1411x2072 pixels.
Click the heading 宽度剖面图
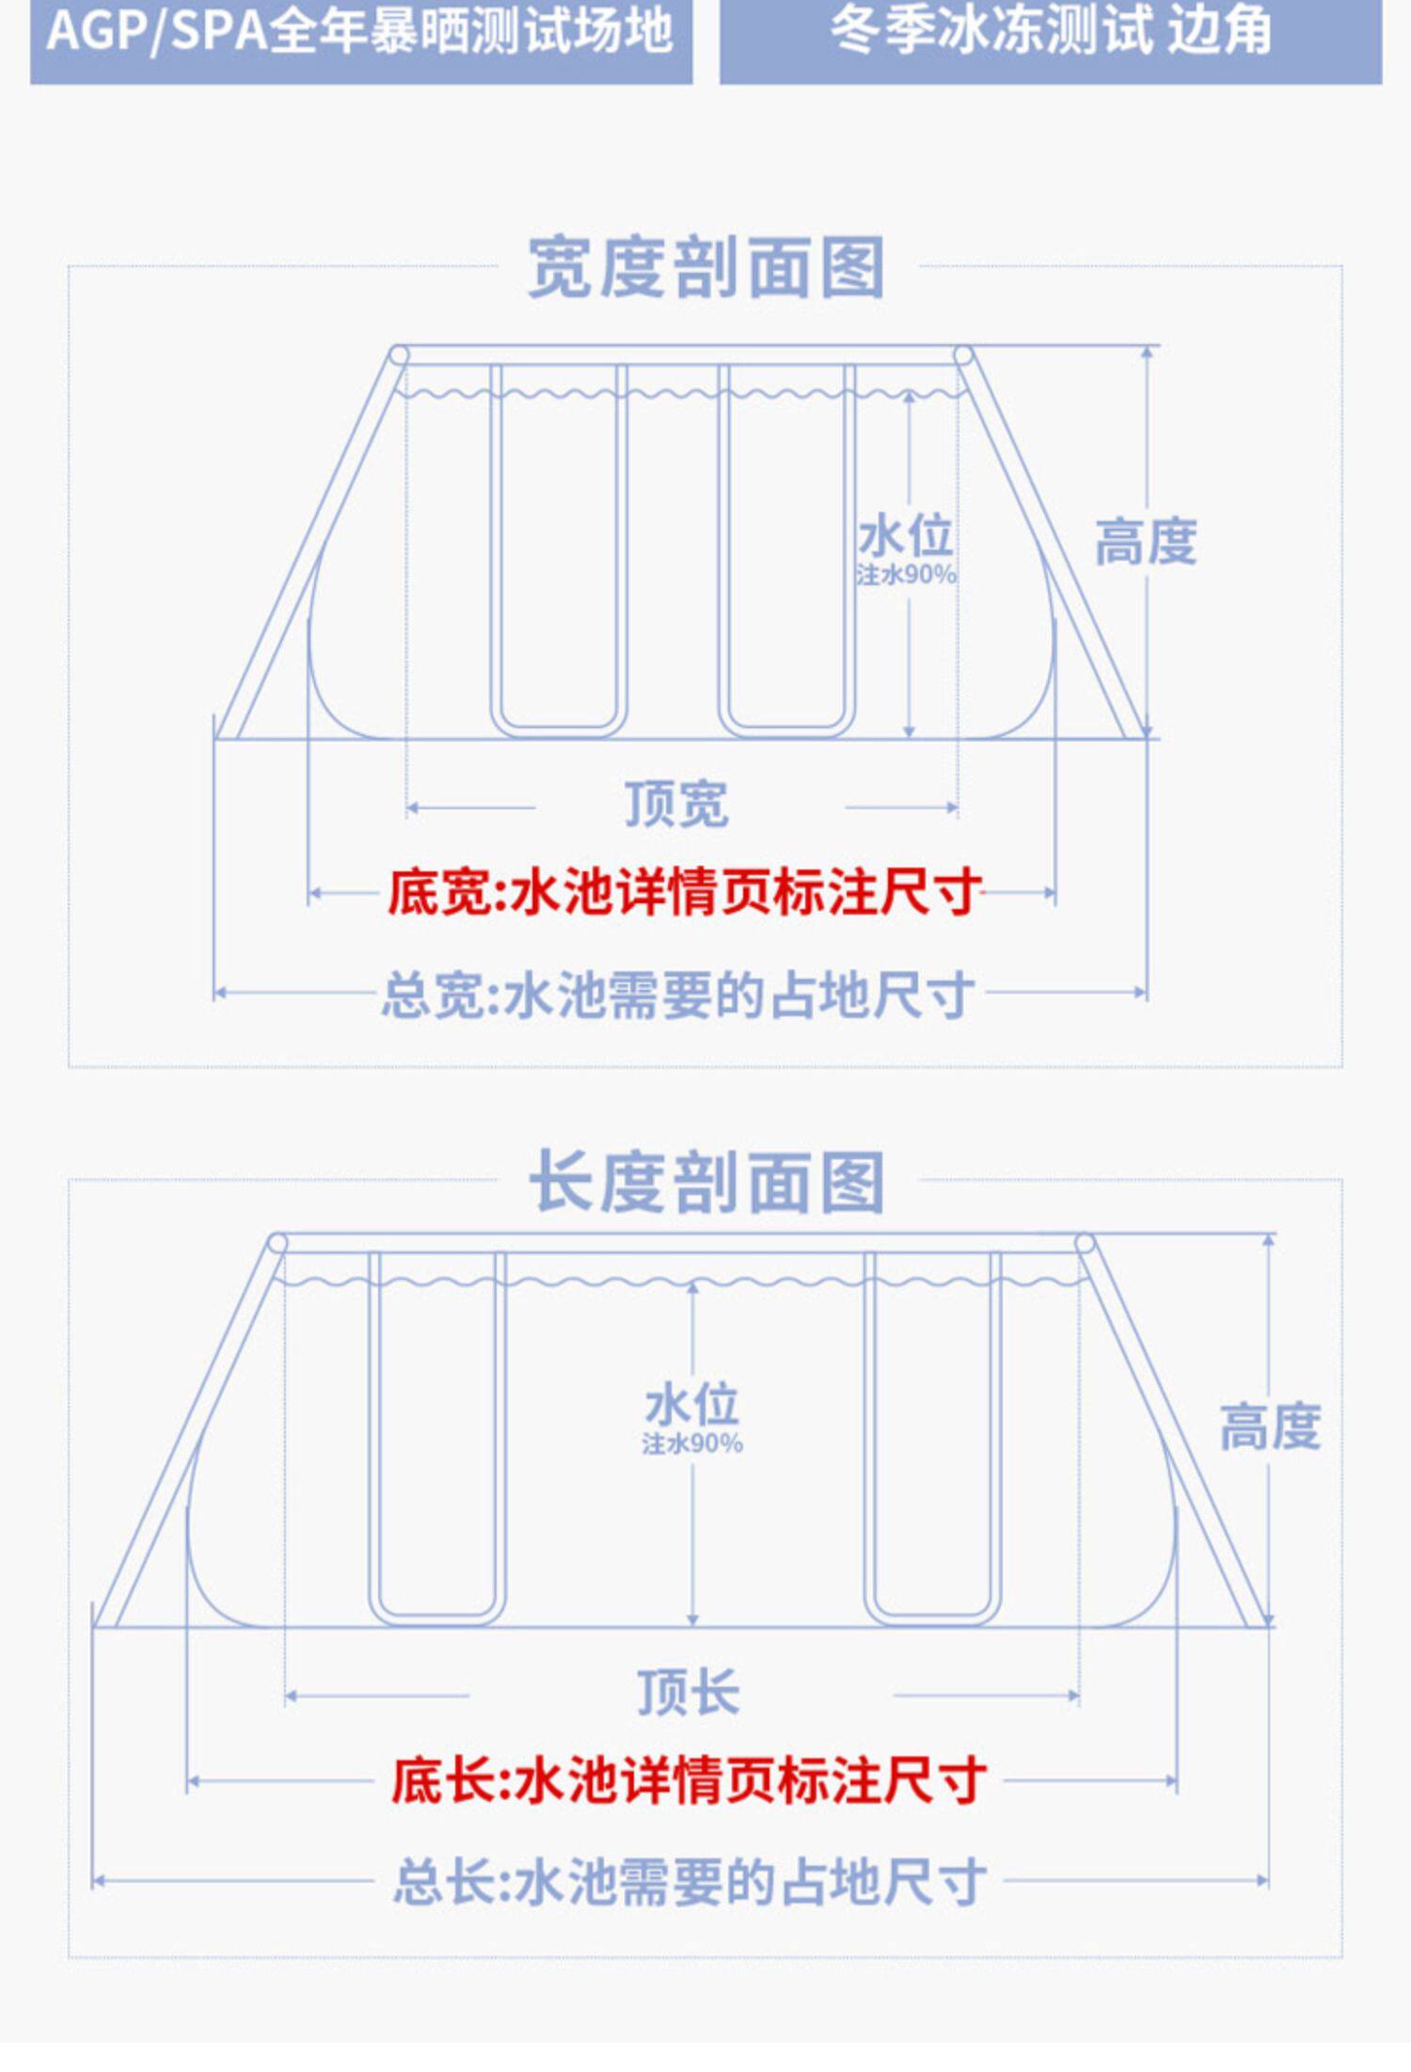(x=705, y=268)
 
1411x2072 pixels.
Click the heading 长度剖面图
(x=705, y=1182)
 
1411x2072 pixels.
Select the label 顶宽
(x=676, y=805)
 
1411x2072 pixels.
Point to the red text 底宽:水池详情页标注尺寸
(x=685, y=892)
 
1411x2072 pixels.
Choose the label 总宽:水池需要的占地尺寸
(x=677, y=995)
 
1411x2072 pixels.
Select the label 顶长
(x=689, y=1693)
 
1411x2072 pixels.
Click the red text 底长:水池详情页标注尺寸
(x=689, y=1779)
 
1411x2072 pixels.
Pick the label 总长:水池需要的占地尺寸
(x=690, y=1881)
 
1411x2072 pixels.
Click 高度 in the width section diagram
(x=1145, y=543)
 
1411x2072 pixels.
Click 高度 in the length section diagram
(x=1270, y=1427)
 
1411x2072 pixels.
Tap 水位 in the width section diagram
(x=905, y=537)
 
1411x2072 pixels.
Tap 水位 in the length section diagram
(x=692, y=1406)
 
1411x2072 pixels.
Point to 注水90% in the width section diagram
(x=906, y=574)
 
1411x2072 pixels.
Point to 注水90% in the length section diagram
(x=692, y=1443)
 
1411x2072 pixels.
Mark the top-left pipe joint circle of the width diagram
(x=399, y=356)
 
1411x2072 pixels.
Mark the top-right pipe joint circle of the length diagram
(x=1085, y=1244)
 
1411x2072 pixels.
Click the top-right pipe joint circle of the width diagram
(x=963, y=356)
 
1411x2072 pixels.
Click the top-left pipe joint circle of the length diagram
(x=277, y=1244)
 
